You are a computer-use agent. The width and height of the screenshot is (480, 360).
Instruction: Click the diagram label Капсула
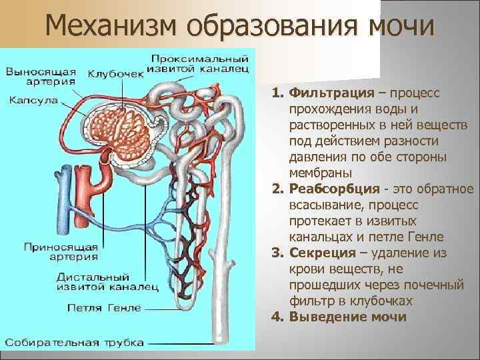(33, 101)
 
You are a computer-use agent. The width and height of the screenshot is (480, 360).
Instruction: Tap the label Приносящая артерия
(61, 250)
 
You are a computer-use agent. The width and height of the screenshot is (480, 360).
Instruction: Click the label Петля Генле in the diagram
(103, 308)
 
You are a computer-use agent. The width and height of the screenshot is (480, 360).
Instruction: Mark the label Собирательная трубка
(75, 342)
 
